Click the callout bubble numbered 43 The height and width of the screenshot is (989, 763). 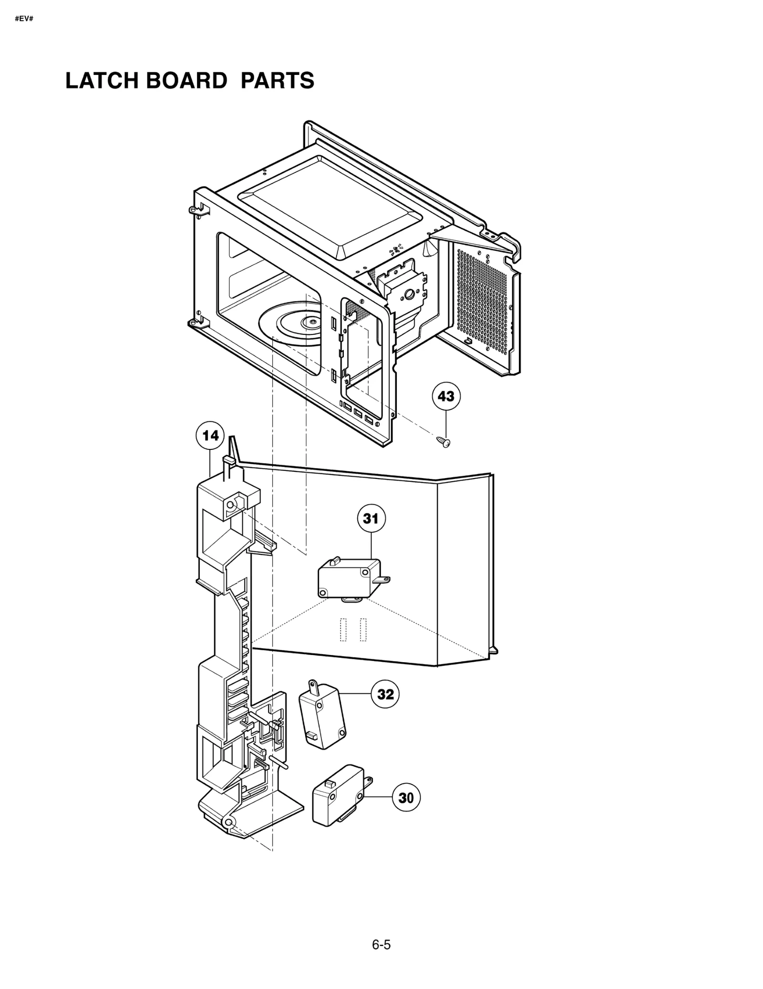tap(446, 396)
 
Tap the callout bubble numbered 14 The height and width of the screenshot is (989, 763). tap(210, 436)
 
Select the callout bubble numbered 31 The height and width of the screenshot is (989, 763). tap(371, 519)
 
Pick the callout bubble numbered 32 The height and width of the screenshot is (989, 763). tap(385, 694)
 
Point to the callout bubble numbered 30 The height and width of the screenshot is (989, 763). tap(406, 797)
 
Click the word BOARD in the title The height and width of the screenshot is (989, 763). tap(186, 81)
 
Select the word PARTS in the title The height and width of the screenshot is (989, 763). tap(277, 81)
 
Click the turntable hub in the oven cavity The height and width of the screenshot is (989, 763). tap(312, 323)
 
